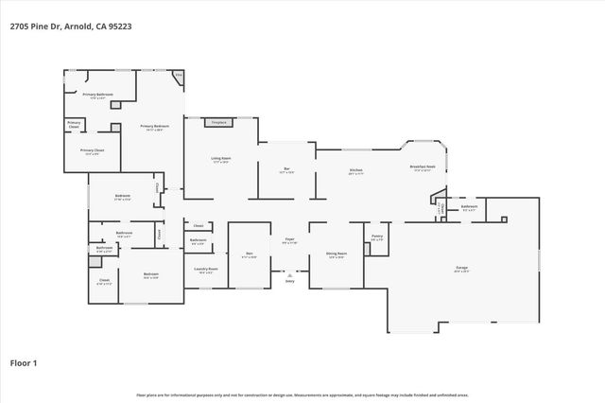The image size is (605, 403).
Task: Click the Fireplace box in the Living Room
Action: point(218,122)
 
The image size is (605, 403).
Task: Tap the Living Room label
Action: point(221,161)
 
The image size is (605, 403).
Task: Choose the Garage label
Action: point(461,269)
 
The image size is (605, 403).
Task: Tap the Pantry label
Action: point(376,237)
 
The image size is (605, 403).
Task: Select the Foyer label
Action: point(290,240)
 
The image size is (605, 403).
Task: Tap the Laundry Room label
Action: point(206,270)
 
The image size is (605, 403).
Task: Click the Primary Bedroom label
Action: point(154,127)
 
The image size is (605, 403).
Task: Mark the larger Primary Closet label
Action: point(92,151)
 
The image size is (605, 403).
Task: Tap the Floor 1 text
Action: point(25,362)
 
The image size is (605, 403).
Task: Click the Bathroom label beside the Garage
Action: point(469,206)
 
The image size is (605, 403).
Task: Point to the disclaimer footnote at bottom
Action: point(302,394)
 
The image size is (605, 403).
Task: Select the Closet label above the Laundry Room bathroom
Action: point(199,226)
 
